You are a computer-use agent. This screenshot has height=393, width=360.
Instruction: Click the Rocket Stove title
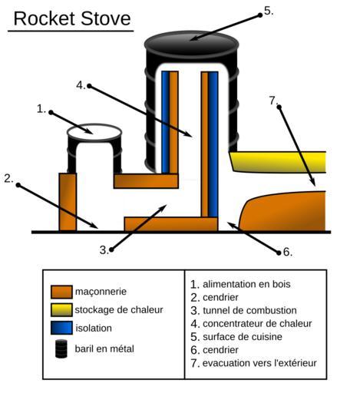click(x=72, y=18)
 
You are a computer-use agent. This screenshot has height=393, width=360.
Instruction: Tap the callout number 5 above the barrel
click(x=269, y=12)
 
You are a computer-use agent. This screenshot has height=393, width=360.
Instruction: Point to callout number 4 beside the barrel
click(x=81, y=85)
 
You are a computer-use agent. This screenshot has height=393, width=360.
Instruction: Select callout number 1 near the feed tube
click(x=41, y=109)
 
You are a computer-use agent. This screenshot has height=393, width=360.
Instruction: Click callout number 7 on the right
click(x=273, y=101)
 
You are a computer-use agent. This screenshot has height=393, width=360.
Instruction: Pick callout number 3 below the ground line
click(x=104, y=250)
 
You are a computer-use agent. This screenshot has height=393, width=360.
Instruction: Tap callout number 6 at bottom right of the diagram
click(x=287, y=253)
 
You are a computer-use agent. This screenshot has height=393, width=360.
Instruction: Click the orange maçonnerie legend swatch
click(x=61, y=292)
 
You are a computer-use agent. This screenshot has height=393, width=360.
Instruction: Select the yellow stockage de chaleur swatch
click(x=61, y=310)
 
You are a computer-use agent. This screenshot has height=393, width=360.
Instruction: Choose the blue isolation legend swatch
click(x=61, y=328)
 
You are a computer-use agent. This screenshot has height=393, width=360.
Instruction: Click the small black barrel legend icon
click(x=61, y=348)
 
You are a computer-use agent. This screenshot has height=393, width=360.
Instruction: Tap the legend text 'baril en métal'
click(x=104, y=348)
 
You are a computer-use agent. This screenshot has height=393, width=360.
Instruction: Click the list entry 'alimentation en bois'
click(x=246, y=284)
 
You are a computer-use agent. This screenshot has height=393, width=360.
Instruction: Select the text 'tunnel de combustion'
click(x=249, y=310)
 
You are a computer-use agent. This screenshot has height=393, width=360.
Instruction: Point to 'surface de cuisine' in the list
click(x=243, y=337)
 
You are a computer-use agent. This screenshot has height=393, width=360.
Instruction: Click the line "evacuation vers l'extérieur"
click(x=259, y=363)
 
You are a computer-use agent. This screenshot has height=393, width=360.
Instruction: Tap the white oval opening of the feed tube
click(x=94, y=133)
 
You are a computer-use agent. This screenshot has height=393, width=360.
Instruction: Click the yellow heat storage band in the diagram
click(x=278, y=162)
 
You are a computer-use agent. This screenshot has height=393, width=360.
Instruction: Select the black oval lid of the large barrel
click(x=191, y=45)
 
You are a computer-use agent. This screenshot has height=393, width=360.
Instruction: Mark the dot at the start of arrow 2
click(x=18, y=185)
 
